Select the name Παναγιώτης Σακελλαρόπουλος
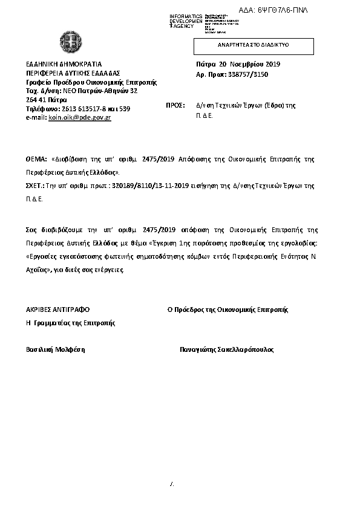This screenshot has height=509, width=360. point(227,349)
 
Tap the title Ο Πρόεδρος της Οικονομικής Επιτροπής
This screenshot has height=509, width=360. point(227,310)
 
